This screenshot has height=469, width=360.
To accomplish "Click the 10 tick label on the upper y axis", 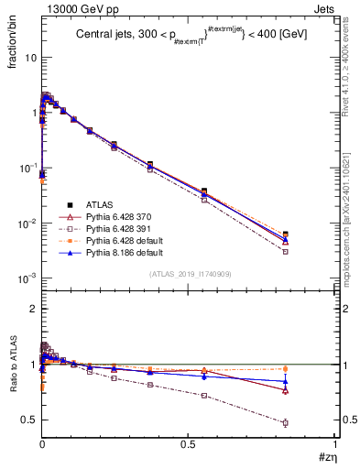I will [x=29, y=58].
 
